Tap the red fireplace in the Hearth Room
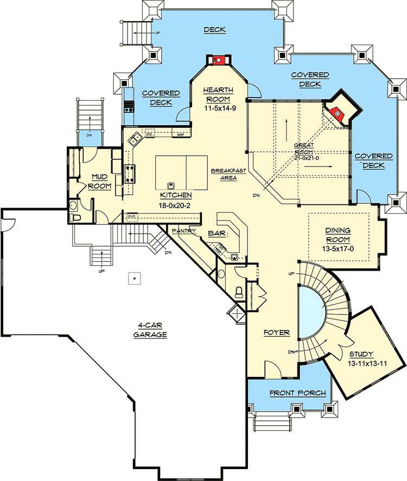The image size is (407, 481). point(217,60)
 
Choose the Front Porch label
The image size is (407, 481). point(297,393)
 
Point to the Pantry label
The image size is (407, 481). point(185,231)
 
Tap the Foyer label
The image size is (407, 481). point(277,332)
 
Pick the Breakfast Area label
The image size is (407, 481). point(228,174)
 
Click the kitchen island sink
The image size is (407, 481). point(170,184)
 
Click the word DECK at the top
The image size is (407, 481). point(214,29)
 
